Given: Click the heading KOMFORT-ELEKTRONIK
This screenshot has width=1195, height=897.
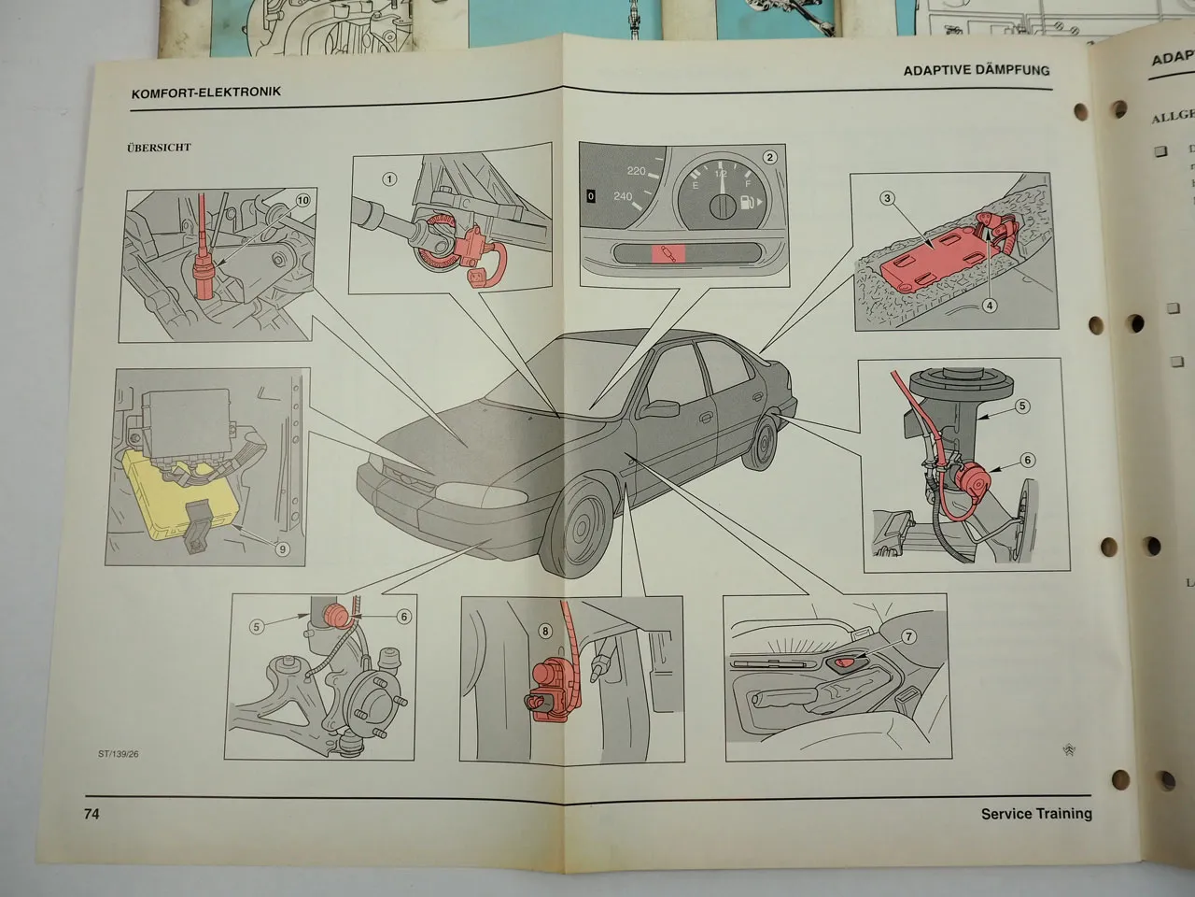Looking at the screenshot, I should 205,93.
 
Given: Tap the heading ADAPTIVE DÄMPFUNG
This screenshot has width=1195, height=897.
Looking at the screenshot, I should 976,70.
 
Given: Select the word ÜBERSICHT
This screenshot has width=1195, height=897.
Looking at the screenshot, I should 159,148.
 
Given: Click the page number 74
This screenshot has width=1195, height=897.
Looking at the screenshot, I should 91,814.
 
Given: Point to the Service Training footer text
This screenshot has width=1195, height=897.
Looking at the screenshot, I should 1035,814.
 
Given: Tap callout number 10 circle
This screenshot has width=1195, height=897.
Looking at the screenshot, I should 302,200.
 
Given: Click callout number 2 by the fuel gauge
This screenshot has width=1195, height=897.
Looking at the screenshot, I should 769,157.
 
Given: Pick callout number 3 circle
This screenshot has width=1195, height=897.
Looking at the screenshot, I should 888,197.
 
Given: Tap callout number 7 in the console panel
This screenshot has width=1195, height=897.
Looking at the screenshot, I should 908,636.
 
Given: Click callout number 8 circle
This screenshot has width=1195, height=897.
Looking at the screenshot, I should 545,631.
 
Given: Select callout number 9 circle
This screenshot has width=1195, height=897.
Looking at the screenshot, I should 283,549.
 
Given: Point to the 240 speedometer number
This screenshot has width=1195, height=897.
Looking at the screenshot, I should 623,197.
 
